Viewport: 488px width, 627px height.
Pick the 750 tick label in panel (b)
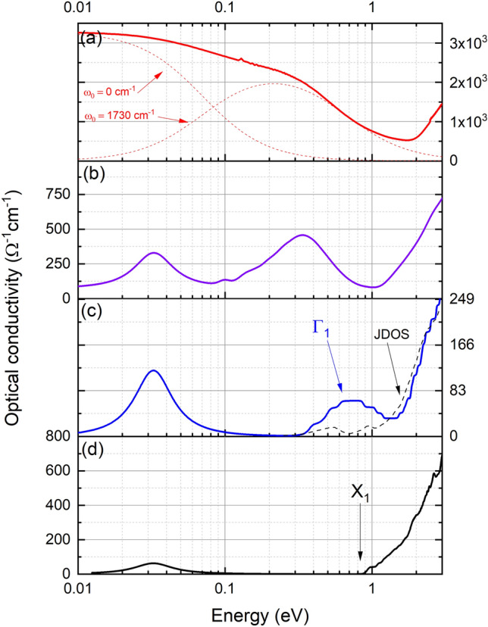tap(56, 195)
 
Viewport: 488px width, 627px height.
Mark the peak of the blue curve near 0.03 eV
tap(154, 370)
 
